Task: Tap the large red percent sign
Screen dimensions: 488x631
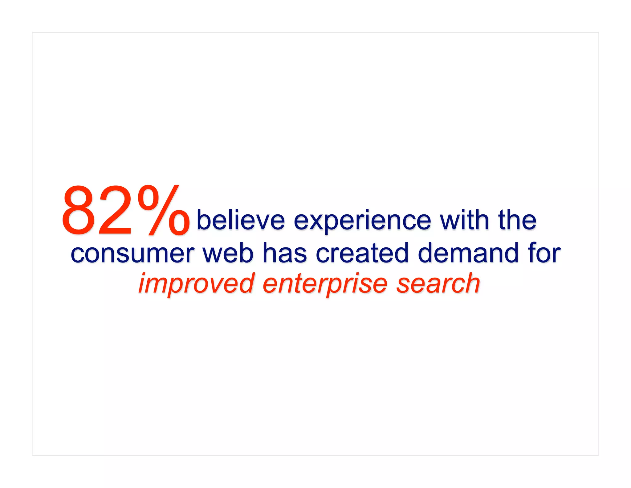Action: point(163,210)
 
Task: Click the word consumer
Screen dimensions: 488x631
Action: point(132,254)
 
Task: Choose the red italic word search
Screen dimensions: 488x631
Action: point(438,283)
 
